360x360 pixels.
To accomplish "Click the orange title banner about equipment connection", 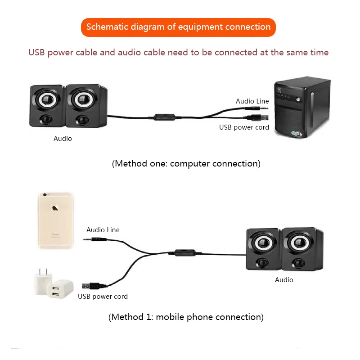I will coord(178,27).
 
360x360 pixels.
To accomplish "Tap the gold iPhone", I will coord(55,220).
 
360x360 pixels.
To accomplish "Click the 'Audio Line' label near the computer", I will coord(252,101).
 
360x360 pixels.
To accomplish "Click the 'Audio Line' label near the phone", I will coord(103,230).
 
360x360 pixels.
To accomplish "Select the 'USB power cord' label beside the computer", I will coord(244,127).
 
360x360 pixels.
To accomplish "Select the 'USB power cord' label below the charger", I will coord(103,297).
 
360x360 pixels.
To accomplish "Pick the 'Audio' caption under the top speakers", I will coord(63,139).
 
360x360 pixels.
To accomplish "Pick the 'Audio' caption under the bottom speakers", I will coord(284,280).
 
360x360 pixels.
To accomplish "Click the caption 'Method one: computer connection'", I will coord(186,163).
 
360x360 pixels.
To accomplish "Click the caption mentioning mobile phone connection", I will coord(186,317).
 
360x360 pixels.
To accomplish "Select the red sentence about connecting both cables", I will coord(178,53).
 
